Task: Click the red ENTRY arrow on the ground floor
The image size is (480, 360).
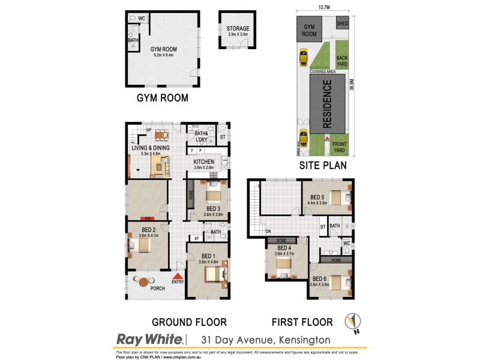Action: click(x=178, y=275)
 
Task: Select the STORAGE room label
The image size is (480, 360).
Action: click(x=238, y=29)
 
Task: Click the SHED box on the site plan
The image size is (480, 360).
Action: click(x=342, y=24)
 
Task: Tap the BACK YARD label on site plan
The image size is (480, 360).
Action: click(x=342, y=61)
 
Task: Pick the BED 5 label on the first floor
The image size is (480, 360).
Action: click(x=318, y=197)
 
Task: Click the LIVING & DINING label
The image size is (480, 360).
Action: click(x=151, y=148)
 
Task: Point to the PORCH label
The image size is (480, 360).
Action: click(x=157, y=289)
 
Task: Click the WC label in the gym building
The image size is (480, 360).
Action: click(x=142, y=19)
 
